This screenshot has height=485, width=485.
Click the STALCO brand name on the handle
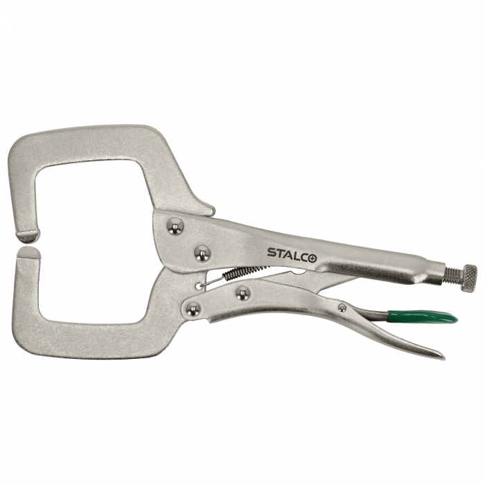[292, 252]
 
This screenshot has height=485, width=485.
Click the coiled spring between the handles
[247, 271]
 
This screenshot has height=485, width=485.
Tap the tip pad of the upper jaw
[28, 237]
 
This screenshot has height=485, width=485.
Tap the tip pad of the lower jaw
[29, 252]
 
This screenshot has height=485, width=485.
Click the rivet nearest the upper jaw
[175, 226]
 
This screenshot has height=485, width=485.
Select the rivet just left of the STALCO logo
[202, 254]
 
